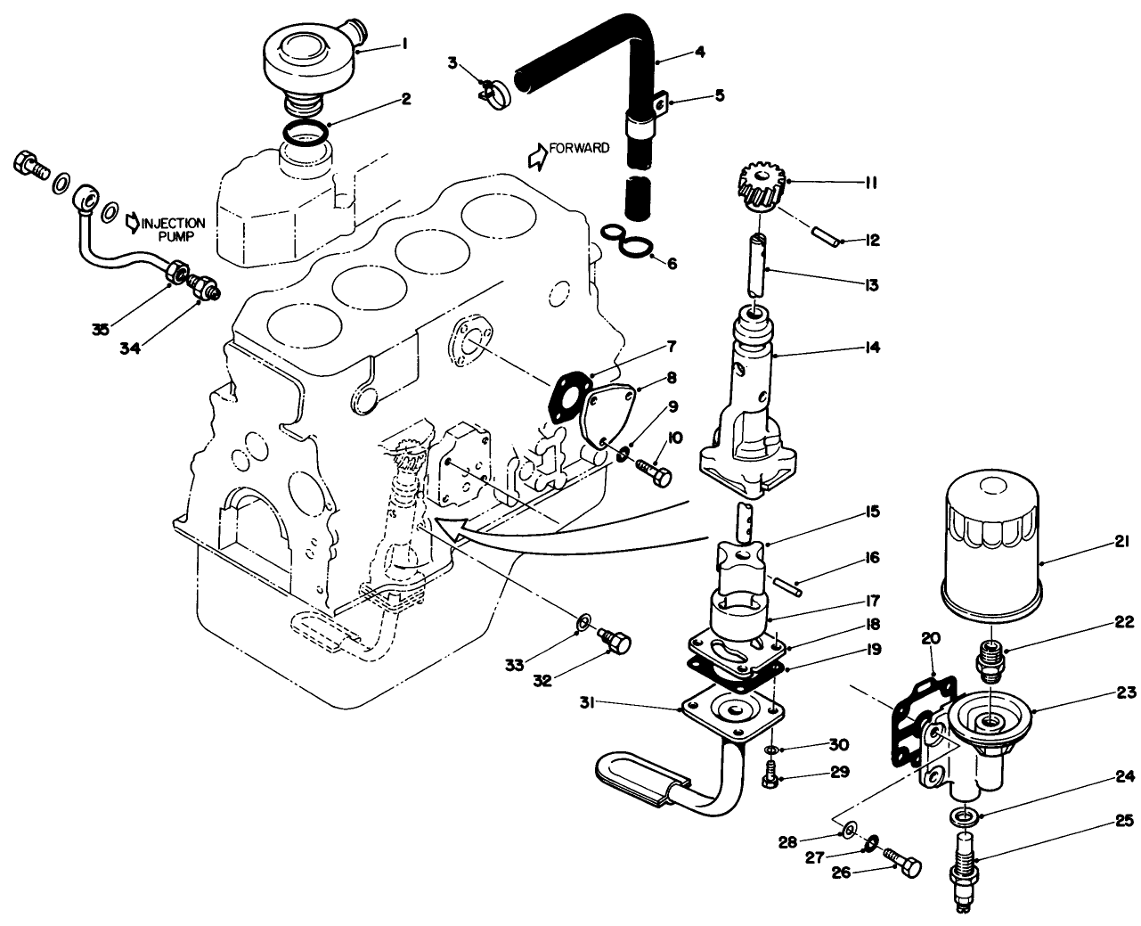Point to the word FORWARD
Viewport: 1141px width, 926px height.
[x=580, y=148]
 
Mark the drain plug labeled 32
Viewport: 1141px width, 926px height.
[x=614, y=640]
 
